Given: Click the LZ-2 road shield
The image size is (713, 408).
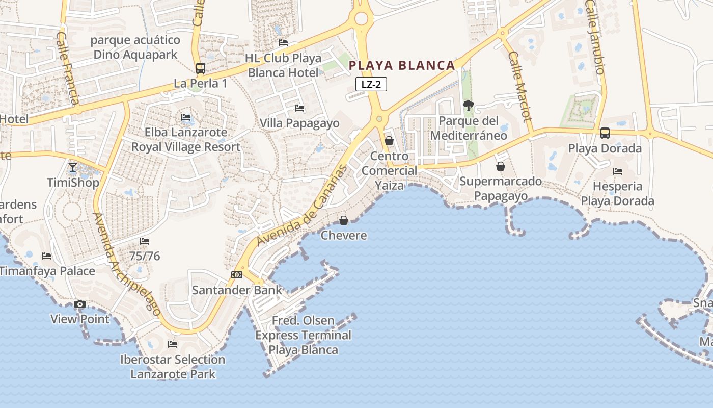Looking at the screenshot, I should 371,85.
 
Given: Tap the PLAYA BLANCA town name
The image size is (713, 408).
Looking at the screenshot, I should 402,65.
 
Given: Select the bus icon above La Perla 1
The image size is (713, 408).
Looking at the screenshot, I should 201,68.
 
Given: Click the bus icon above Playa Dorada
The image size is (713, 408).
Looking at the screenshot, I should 605,133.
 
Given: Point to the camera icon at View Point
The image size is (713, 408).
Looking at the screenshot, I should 79,304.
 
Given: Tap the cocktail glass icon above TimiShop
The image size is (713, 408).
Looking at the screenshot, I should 73,167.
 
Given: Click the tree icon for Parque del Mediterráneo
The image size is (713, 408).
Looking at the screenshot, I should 468,106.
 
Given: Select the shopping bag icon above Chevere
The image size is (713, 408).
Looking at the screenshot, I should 344,220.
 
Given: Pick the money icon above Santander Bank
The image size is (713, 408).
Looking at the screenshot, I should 236,275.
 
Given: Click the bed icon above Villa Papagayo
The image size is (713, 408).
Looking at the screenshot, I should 299,108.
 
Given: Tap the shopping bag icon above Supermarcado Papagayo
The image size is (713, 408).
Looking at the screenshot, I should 501,166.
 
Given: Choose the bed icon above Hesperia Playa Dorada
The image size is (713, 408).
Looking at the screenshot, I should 618,171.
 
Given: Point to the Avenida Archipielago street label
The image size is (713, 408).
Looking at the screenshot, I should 127,264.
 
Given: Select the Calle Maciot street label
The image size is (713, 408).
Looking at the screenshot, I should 520,86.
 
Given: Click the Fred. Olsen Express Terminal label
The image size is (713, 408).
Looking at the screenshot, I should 304,335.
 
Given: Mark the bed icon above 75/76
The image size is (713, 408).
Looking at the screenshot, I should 145,241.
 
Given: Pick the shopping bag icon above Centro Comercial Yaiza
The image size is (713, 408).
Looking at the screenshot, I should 389,141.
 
